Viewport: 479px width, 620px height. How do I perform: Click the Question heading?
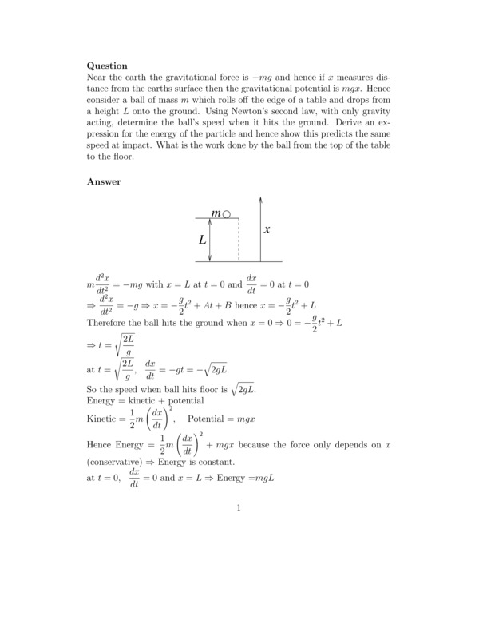click(107, 66)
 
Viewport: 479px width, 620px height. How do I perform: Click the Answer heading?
click(103, 181)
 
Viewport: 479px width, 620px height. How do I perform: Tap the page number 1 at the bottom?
click(239, 507)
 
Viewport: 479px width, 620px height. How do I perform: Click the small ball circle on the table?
click(227, 214)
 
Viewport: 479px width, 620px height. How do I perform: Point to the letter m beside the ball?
click(216, 214)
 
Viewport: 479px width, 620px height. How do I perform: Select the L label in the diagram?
click(202, 239)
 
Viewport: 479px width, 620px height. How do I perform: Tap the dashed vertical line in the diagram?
click(238, 240)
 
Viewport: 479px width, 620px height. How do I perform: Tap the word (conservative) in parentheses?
click(117, 463)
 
